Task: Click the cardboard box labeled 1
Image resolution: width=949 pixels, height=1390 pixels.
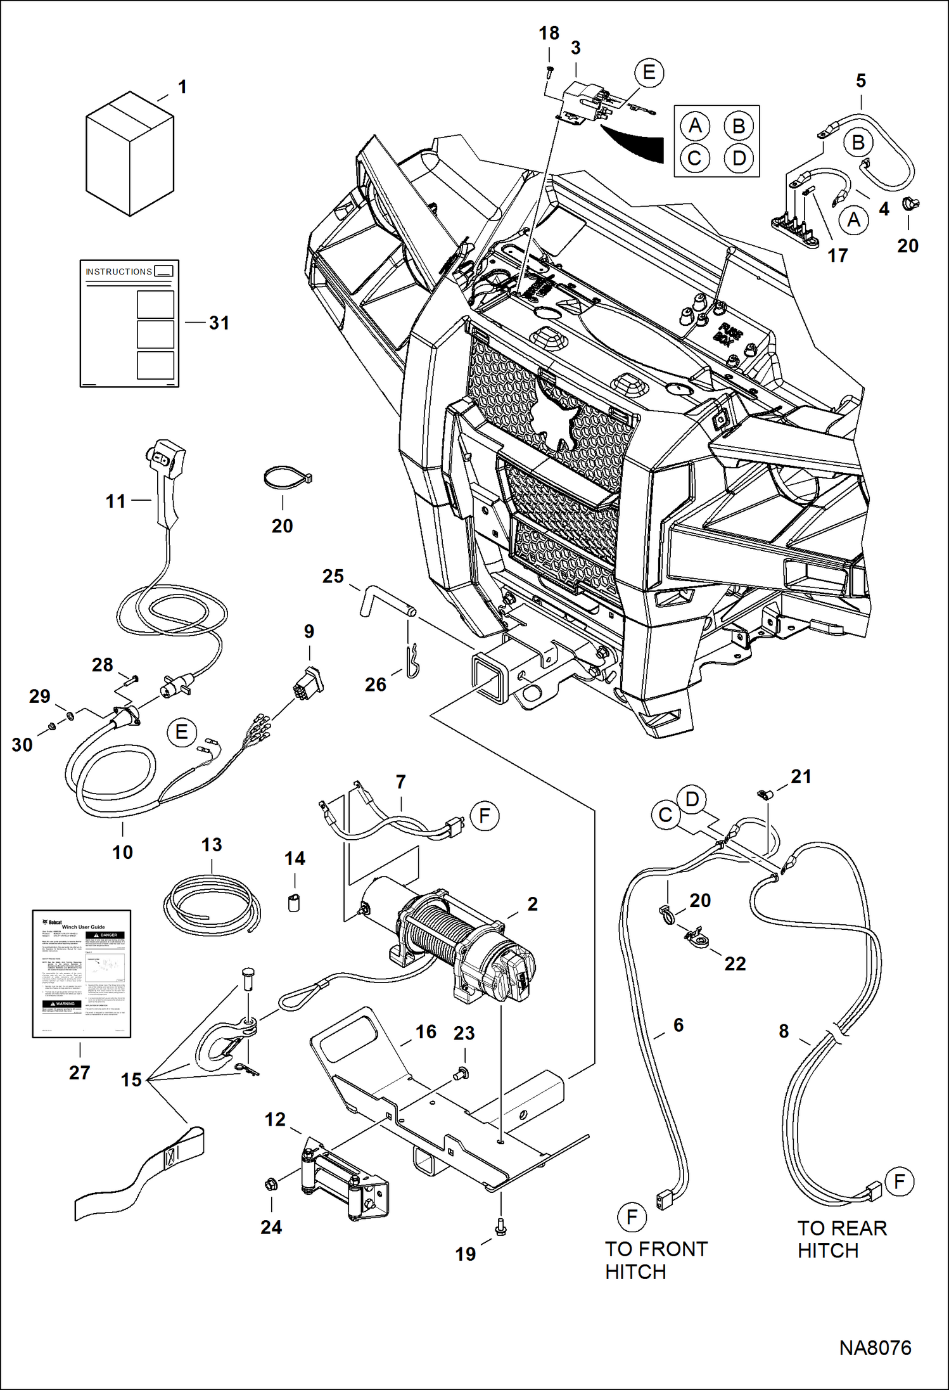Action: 129,154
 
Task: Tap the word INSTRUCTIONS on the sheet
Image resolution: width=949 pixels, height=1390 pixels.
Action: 118,272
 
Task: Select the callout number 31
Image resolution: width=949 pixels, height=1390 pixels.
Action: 219,323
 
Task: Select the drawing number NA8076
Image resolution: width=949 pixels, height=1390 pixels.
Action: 875,1348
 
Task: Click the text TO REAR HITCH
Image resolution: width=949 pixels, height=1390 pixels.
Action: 841,1239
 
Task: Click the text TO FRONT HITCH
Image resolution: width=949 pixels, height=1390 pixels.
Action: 655,1260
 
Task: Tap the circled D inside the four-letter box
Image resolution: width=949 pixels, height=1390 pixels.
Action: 739,158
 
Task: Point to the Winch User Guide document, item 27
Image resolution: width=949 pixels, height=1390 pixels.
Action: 82,974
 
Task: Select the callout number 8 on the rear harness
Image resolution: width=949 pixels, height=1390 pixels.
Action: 784,1031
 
